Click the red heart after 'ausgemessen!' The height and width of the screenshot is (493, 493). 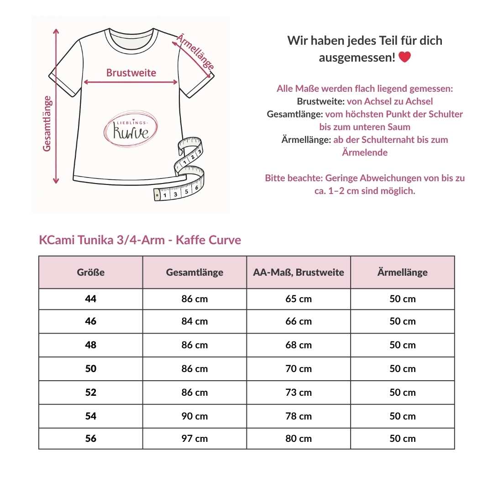point(404,58)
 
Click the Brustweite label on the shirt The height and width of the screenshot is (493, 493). point(131,73)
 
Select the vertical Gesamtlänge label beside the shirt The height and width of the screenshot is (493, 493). point(47,123)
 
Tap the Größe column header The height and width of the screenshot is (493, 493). point(91,273)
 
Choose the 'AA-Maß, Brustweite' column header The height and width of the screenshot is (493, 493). point(299,273)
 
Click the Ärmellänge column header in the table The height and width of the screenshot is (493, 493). point(402,273)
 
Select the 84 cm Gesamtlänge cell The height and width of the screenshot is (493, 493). point(194,321)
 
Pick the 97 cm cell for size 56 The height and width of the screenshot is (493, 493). point(194,439)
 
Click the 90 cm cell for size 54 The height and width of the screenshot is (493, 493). point(194,416)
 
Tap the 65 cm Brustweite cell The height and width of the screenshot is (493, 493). point(299,299)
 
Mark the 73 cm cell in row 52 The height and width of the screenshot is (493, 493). point(299,393)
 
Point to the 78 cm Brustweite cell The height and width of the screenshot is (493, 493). point(299,416)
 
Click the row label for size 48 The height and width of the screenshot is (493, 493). point(91,345)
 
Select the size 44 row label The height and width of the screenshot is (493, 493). point(91,299)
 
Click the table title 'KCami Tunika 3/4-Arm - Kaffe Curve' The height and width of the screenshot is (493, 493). point(140,240)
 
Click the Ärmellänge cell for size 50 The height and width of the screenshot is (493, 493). point(402,369)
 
